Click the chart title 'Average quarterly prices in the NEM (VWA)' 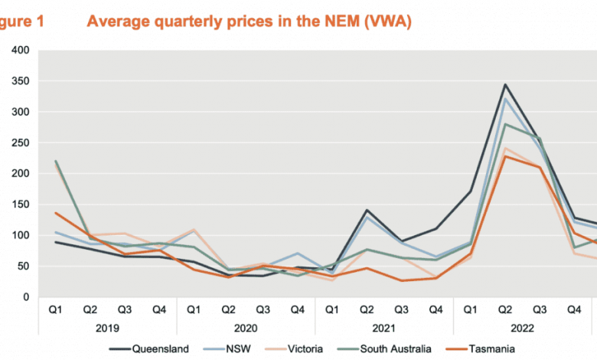tap(249, 21)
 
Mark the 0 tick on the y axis tap(25, 297)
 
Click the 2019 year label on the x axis tap(106, 328)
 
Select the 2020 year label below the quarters tap(245, 328)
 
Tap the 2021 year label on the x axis tap(383, 328)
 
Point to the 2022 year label tap(522, 328)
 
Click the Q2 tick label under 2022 tap(504, 309)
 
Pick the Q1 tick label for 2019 tap(55, 309)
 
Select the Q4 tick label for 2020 tap(297, 309)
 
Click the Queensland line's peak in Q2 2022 tap(504, 85)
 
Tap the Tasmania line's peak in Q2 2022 tap(504, 157)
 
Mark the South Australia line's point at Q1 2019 tap(55, 162)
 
